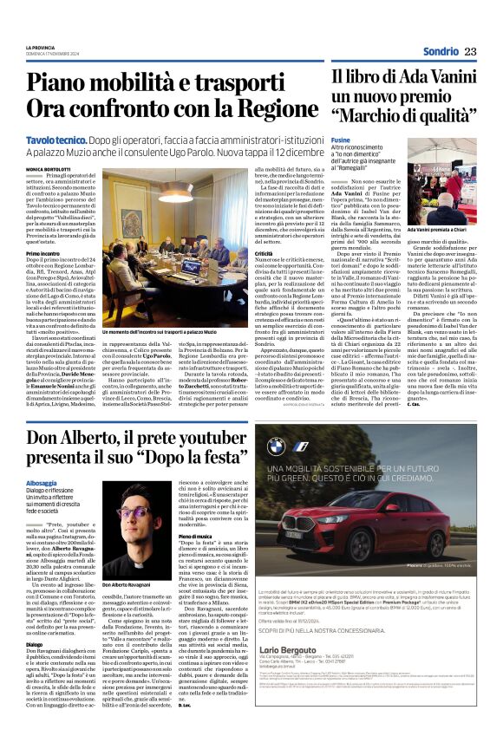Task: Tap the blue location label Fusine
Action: coord(340,140)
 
